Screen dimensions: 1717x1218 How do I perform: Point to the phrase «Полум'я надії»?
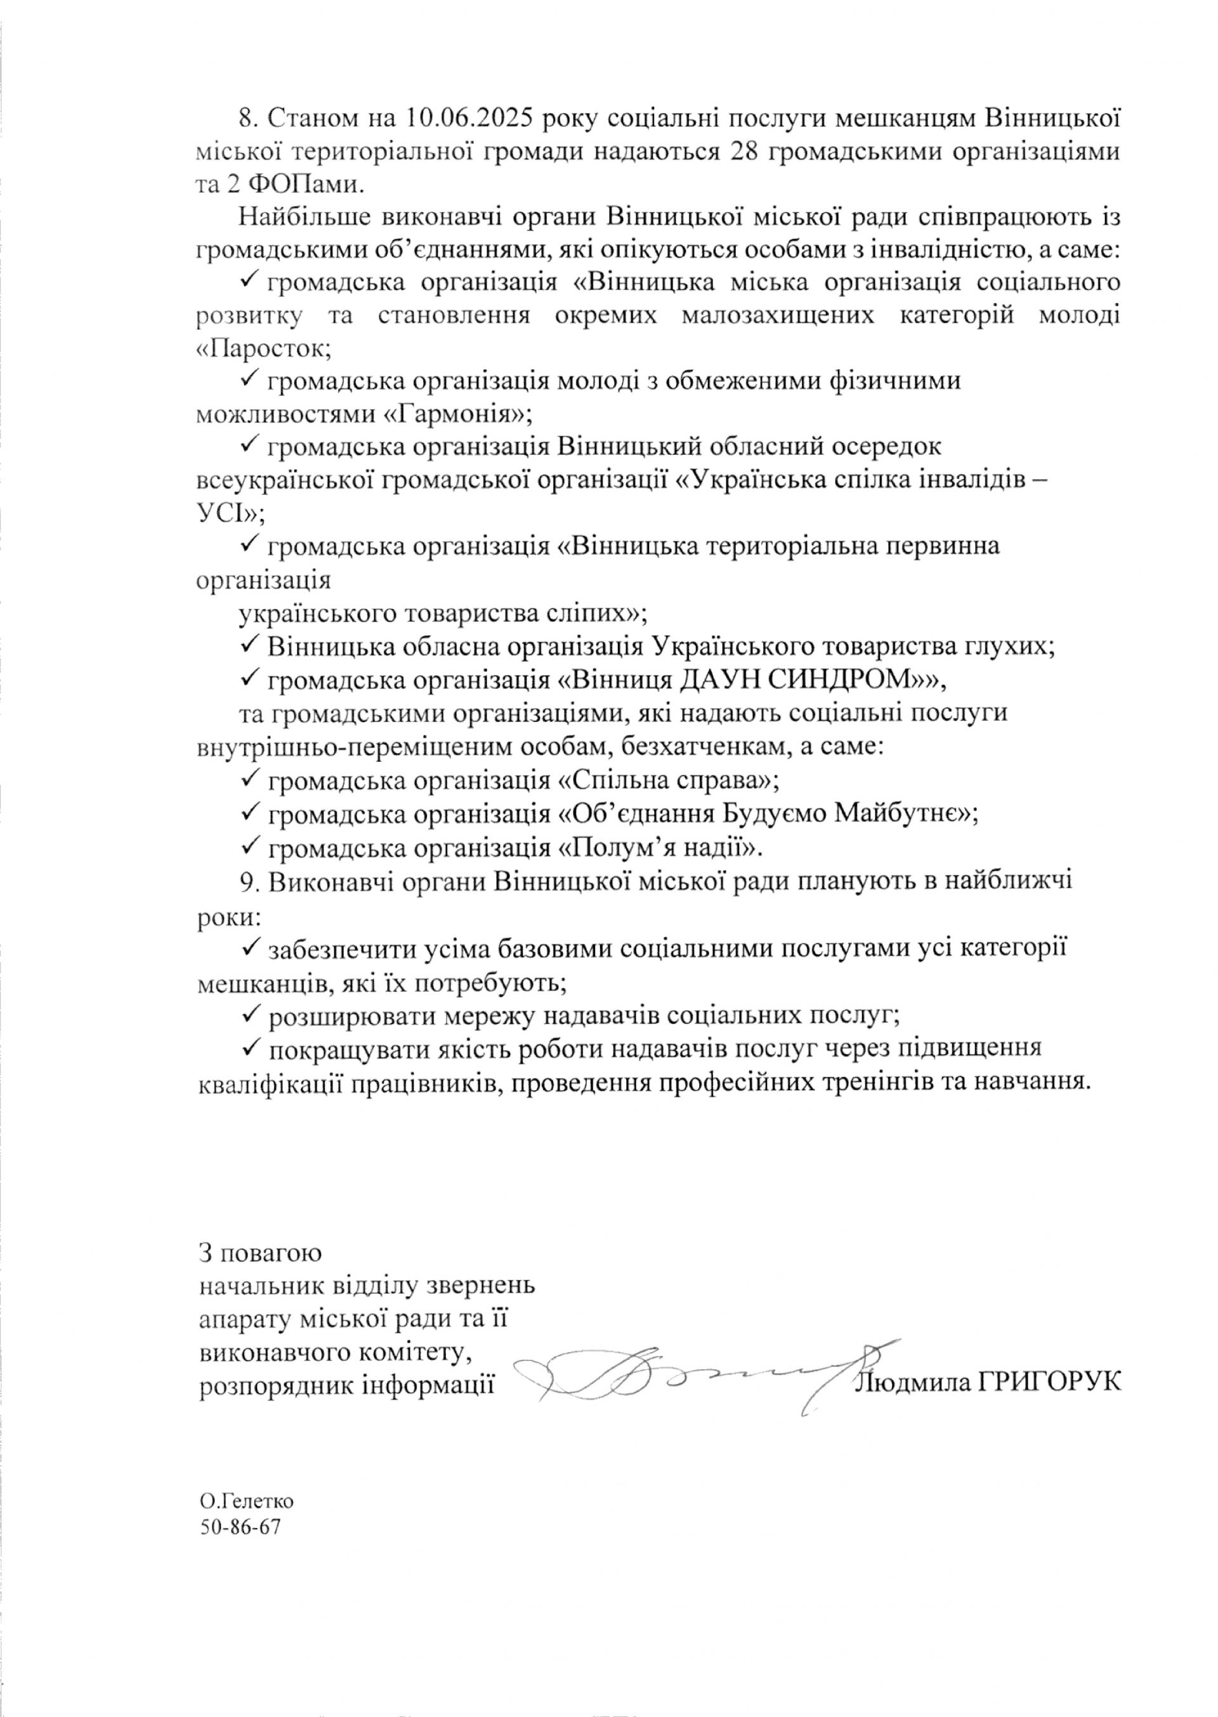point(661,848)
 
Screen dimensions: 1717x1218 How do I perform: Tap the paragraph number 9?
point(248,881)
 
